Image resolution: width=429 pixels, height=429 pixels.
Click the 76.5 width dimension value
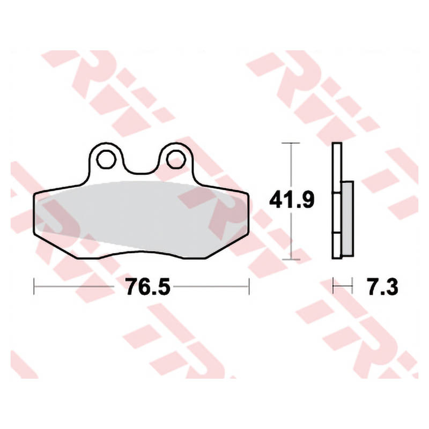pos(148,286)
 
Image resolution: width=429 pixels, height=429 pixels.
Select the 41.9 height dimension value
pos(292,199)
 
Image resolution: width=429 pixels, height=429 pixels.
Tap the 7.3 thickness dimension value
pos(383,286)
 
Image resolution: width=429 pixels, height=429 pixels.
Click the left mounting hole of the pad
pos(106,159)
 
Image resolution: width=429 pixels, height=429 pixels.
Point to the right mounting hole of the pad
pos(176,159)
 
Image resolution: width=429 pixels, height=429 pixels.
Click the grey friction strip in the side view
pos(347,219)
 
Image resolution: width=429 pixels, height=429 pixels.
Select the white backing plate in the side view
pos(337,201)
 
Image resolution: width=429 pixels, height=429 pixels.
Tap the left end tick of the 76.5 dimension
pos(34,286)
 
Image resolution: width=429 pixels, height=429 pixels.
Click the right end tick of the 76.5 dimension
pos(249,286)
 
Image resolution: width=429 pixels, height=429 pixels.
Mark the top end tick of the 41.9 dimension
pos(291,143)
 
